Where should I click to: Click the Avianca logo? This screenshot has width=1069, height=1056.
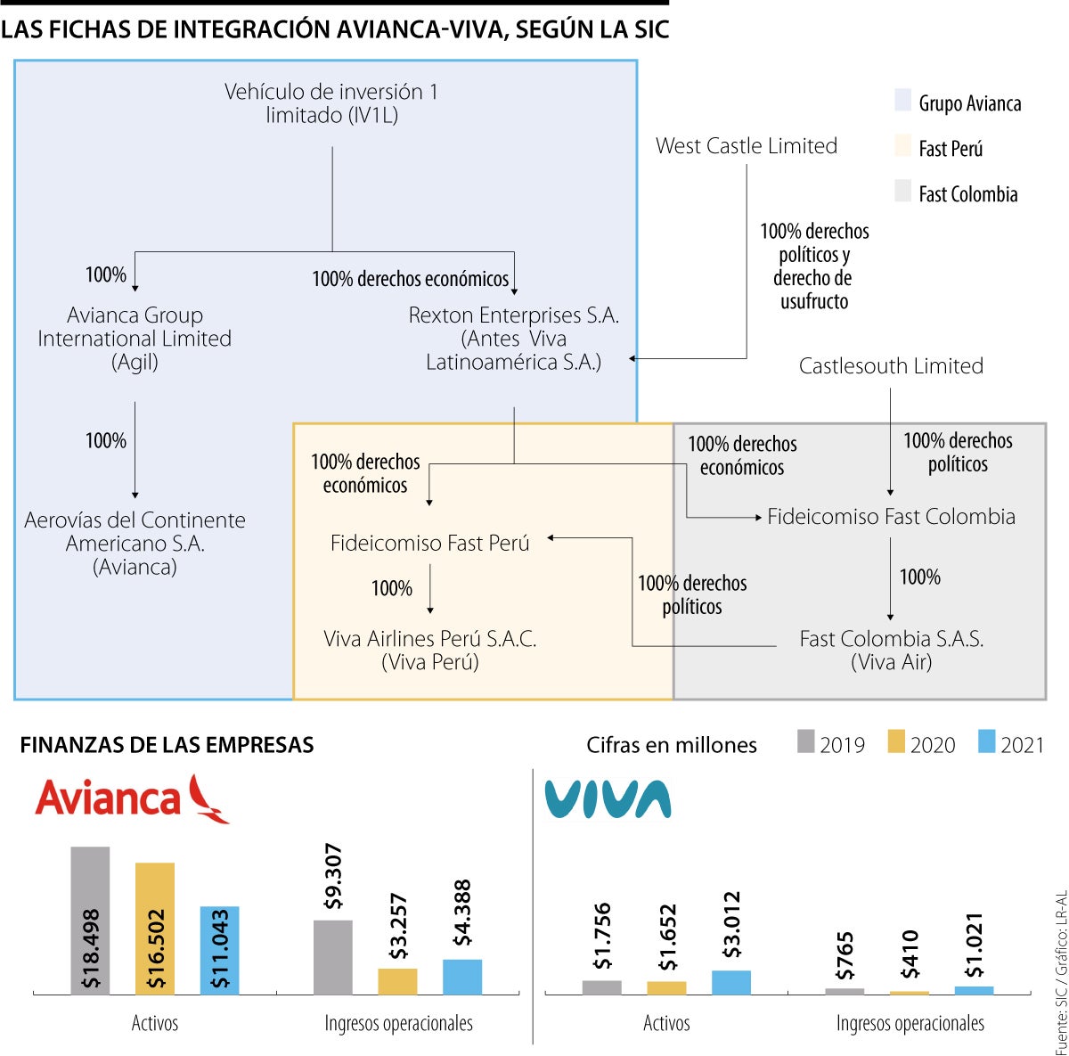(x=132, y=798)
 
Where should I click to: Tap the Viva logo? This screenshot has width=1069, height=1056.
(x=608, y=799)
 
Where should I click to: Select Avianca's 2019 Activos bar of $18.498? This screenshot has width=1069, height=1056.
(x=90, y=920)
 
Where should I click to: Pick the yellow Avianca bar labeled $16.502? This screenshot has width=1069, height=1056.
(x=155, y=928)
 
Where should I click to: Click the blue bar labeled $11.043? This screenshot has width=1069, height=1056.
(x=219, y=950)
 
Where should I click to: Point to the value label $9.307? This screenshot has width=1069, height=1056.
(x=333, y=876)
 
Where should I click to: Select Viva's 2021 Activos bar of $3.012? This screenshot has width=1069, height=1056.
(x=730, y=982)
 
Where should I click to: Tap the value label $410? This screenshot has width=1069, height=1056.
(x=910, y=954)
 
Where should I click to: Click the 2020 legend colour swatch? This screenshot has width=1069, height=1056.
(x=896, y=741)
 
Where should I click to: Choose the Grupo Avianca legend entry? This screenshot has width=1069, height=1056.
(x=959, y=103)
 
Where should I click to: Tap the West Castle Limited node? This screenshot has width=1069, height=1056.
(x=747, y=146)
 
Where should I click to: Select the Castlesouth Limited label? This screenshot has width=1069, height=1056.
(x=891, y=366)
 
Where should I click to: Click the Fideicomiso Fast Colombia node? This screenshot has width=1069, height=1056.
(x=891, y=517)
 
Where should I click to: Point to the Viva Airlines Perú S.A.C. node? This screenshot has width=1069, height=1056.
(x=430, y=650)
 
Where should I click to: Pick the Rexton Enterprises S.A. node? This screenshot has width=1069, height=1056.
(x=514, y=339)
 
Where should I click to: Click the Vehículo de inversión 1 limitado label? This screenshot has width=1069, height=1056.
(x=331, y=103)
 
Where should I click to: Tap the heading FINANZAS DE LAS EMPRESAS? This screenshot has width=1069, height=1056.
(x=167, y=745)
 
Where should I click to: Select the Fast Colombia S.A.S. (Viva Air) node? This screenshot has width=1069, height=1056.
(x=891, y=650)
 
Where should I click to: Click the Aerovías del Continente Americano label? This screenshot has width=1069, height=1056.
(x=135, y=543)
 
